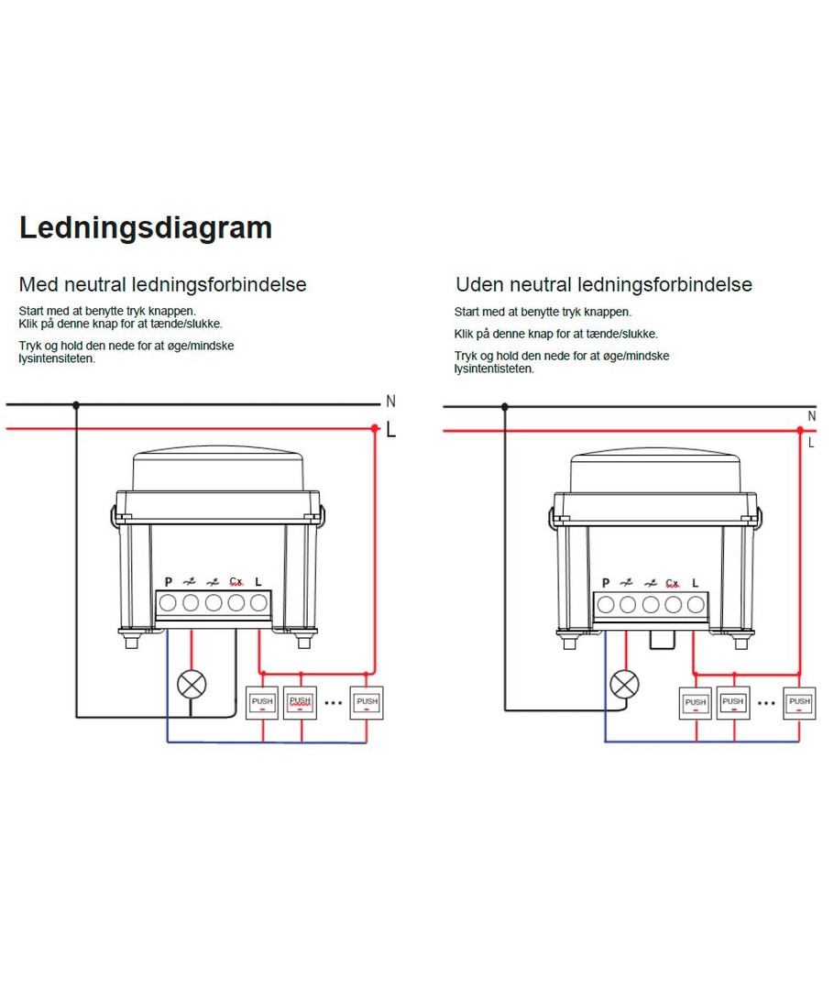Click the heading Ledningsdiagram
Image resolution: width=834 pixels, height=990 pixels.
[x=146, y=227]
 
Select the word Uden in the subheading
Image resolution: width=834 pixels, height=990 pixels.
[x=479, y=284]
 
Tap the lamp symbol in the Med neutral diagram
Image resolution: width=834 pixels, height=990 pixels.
[x=192, y=684]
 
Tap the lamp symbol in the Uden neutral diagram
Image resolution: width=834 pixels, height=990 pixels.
[x=626, y=684]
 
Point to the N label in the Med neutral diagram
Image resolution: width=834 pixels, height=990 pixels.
[x=390, y=401]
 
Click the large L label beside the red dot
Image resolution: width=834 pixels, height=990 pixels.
[x=391, y=428]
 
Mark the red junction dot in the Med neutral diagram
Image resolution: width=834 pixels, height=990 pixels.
[x=375, y=428]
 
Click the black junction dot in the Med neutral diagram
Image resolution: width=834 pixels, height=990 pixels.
[x=76, y=404]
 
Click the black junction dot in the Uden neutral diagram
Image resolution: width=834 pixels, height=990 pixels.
[x=504, y=407]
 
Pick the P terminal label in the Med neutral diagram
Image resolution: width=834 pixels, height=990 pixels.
[x=169, y=582]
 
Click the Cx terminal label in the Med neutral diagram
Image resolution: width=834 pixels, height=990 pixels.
[x=236, y=581]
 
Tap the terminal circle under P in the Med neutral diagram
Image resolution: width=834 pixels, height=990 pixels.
[x=169, y=603]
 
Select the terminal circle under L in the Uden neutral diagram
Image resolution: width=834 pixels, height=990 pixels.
[x=696, y=604]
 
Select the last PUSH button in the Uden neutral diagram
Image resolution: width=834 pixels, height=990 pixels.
[x=800, y=702]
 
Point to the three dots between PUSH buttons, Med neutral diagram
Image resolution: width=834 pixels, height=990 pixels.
[x=334, y=703]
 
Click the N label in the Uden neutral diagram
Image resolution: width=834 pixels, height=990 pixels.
[x=811, y=416]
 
